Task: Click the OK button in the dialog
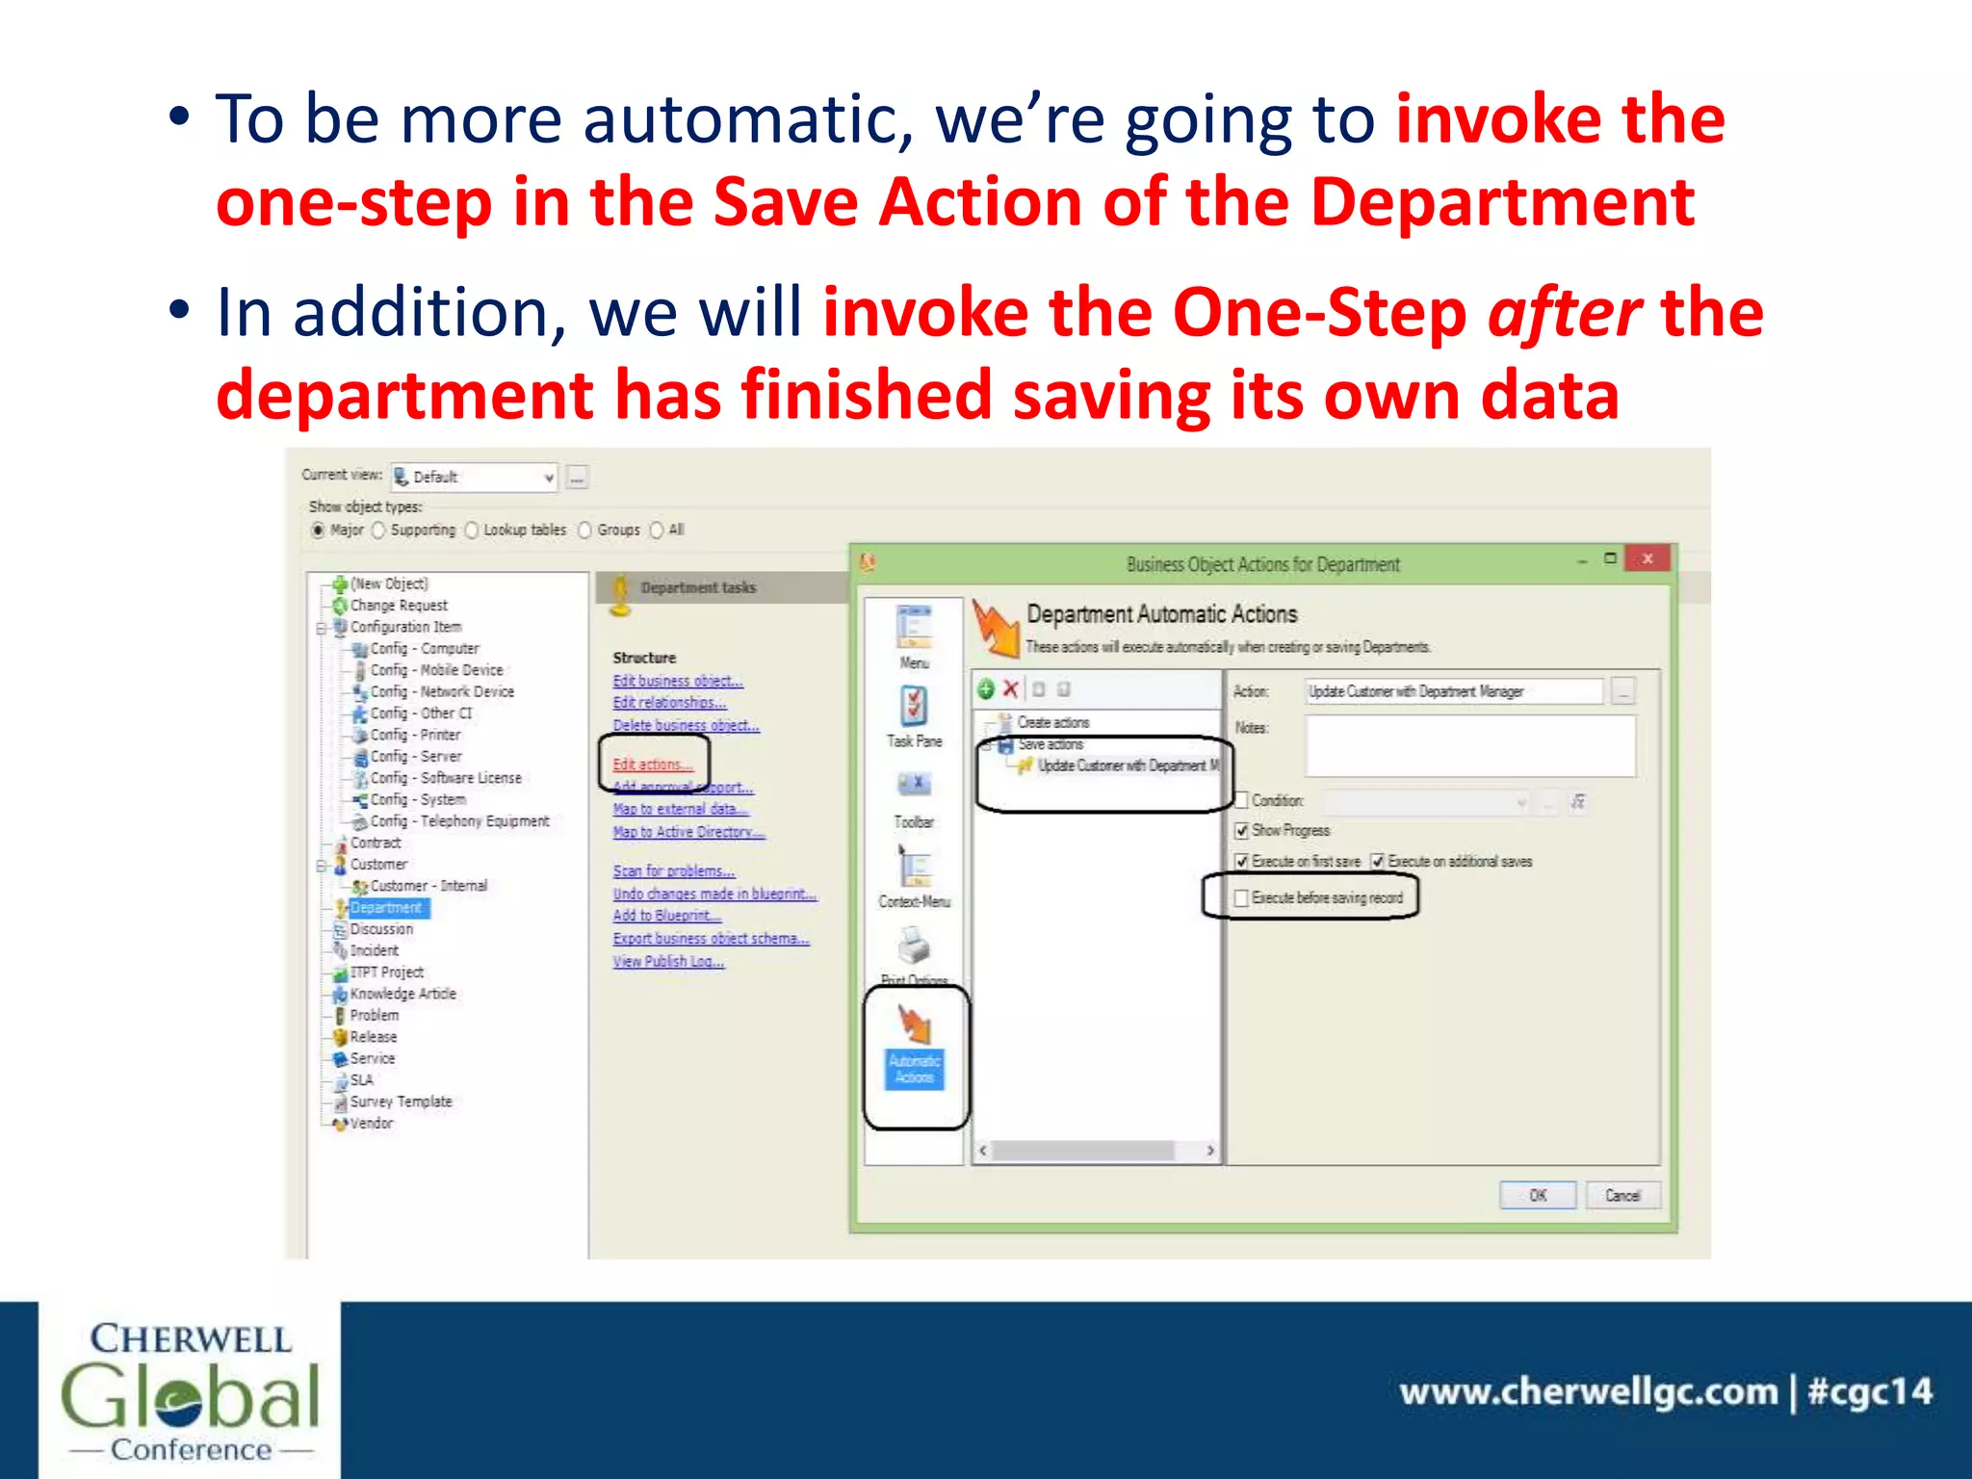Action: point(1537,1195)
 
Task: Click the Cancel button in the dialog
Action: point(1622,1195)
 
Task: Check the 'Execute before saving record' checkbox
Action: point(1242,897)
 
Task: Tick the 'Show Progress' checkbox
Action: point(1242,830)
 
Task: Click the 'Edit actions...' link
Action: point(652,765)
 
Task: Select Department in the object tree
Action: point(385,907)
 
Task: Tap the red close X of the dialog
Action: point(1648,558)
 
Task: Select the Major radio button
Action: point(318,530)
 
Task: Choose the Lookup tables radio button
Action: point(472,530)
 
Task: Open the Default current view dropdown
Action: point(548,477)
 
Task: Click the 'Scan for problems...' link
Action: point(673,870)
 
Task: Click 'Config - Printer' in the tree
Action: point(415,735)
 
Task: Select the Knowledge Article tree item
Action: point(402,993)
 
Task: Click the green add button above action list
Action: point(985,688)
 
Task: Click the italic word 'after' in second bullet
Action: point(1564,313)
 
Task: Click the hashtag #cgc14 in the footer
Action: point(1869,1391)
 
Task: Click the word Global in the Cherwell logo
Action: point(190,1395)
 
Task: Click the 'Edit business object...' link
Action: point(677,681)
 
